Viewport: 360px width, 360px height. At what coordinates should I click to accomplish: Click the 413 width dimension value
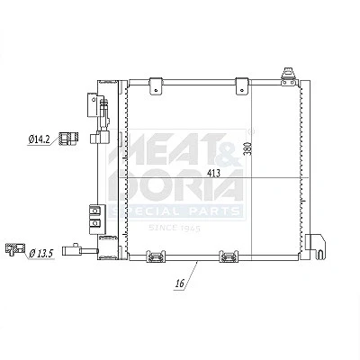(x=214, y=173)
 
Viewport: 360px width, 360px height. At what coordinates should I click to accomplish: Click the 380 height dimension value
(x=247, y=148)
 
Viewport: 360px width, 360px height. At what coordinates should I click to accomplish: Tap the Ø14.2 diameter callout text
(x=40, y=139)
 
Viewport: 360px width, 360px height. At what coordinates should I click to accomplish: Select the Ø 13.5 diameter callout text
(x=41, y=254)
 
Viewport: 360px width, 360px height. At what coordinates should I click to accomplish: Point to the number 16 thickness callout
(x=180, y=283)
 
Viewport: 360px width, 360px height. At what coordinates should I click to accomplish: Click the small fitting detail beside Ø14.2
(x=69, y=139)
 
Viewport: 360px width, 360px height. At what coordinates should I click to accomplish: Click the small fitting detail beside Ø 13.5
(x=15, y=249)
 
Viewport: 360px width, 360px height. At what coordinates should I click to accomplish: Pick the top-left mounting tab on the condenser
(x=156, y=86)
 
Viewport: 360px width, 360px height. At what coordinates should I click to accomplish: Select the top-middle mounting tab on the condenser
(x=242, y=86)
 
